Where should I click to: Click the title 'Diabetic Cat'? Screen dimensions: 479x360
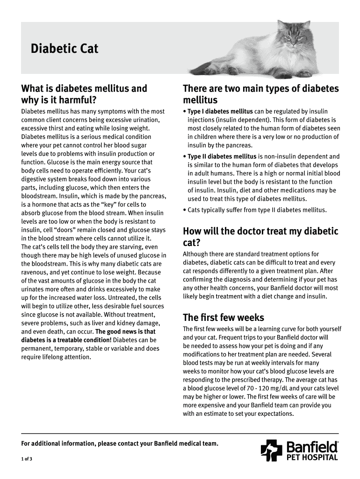pos(65,49)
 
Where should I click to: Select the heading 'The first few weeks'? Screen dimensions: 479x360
pos(223,318)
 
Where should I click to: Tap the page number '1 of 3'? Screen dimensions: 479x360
pos(27,458)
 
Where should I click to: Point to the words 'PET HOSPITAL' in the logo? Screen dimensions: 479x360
pos(312,457)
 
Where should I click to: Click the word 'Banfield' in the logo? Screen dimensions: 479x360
pos(312,447)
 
